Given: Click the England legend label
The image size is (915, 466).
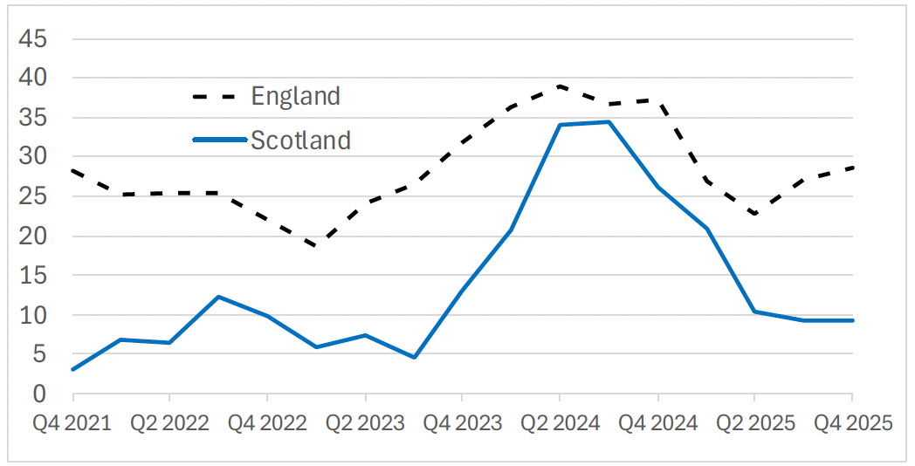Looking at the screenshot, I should (x=295, y=96).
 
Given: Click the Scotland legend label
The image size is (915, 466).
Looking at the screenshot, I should (x=300, y=140).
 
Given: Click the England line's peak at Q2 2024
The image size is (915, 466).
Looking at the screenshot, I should (x=560, y=86).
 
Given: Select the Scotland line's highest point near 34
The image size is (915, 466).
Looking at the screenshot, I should (x=609, y=122).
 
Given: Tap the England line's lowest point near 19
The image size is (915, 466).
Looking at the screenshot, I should (x=315, y=246).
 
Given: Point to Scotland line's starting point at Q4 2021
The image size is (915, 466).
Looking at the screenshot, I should (x=72, y=369).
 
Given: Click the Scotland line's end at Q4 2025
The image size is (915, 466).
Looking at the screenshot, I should (x=852, y=320).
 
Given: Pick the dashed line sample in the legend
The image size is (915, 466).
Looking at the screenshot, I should (x=218, y=96).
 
